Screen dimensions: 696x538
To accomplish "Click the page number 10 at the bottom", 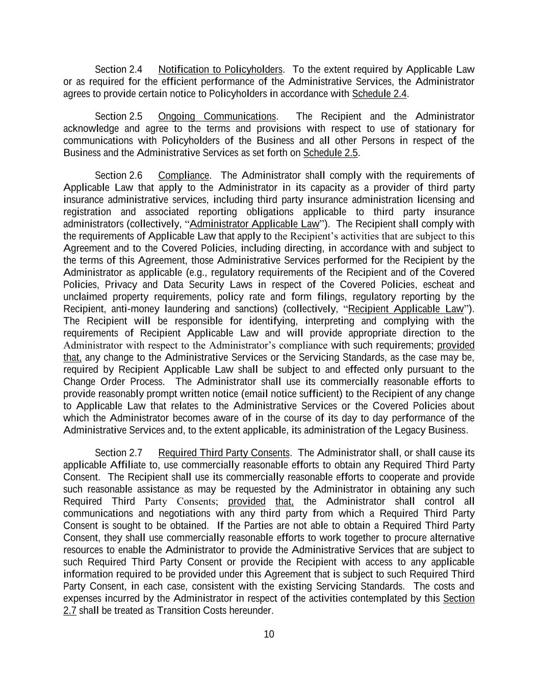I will (x=269, y=634).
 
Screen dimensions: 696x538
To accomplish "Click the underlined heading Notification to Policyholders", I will (x=220, y=69).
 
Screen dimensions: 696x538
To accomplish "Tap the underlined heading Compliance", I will (x=184, y=175).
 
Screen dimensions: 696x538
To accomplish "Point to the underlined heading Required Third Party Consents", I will (x=224, y=453).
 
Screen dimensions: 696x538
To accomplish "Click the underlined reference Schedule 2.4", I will (x=379, y=94).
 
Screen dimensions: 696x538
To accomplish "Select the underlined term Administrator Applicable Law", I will (x=254, y=224).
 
